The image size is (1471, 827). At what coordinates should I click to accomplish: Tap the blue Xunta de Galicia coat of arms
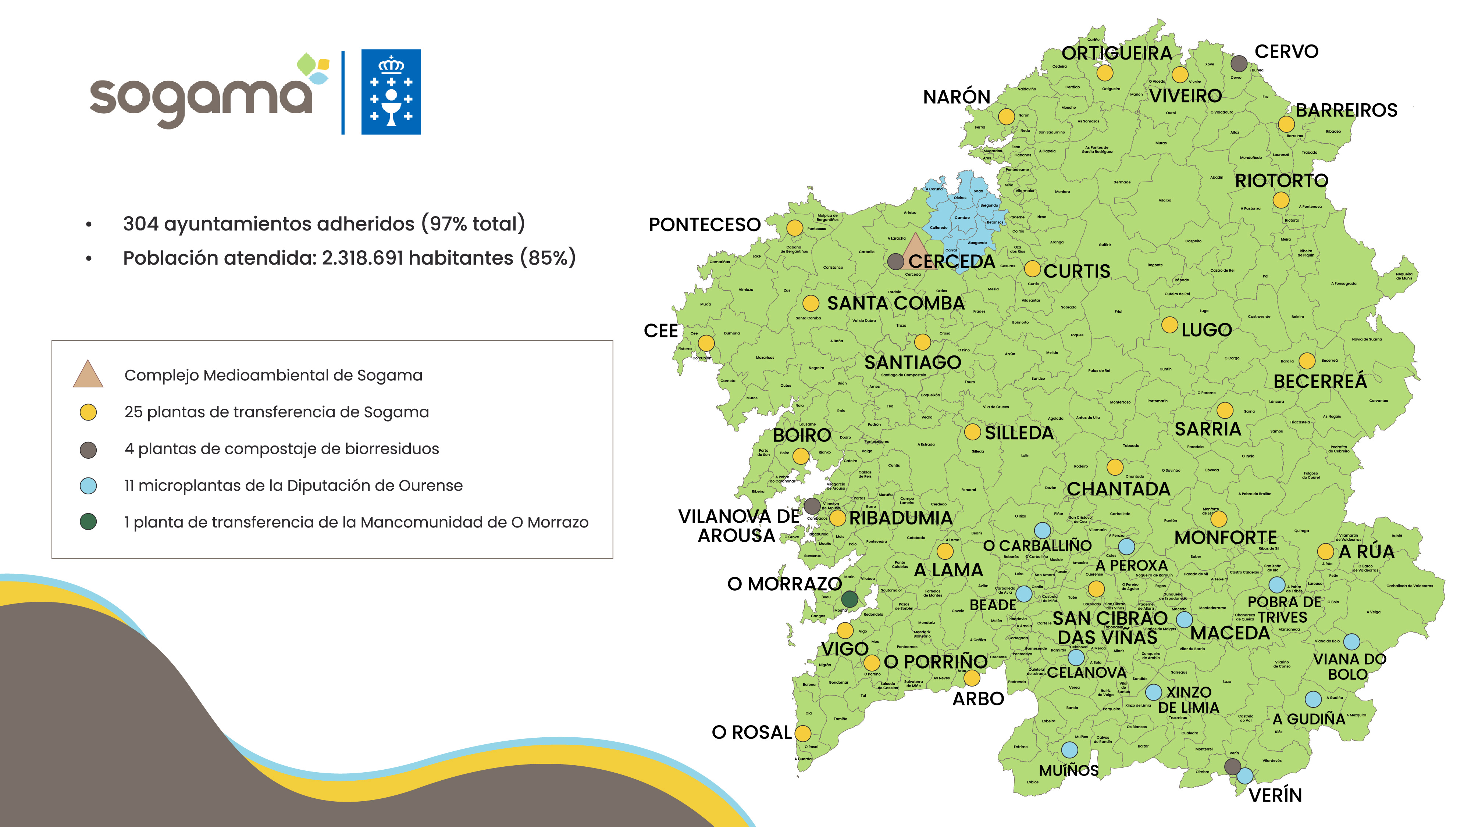[x=391, y=92]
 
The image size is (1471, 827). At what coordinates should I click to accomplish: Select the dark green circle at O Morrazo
[x=850, y=599]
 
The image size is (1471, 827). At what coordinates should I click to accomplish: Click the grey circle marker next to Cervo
[x=1239, y=63]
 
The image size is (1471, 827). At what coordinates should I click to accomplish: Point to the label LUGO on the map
[x=1207, y=330]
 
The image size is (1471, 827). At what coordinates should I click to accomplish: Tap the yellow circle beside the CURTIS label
[x=1032, y=268]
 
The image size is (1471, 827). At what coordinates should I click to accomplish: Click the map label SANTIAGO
[x=912, y=362]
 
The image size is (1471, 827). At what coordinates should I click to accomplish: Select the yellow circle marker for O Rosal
[x=803, y=733]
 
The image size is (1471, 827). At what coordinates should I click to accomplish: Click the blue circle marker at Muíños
[x=1069, y=749]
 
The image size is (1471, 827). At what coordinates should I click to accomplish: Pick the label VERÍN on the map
[x=1275, y=795]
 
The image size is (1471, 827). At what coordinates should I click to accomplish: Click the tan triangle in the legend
[x=88, y=375]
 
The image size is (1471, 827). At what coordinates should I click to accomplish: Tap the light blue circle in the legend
[x=88, y=486]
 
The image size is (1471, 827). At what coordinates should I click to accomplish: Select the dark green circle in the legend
[x=88, y=522]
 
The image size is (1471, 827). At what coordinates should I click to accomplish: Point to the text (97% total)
[x=473, y=224]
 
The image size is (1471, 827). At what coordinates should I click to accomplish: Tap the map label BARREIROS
[x=1346, y=110]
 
